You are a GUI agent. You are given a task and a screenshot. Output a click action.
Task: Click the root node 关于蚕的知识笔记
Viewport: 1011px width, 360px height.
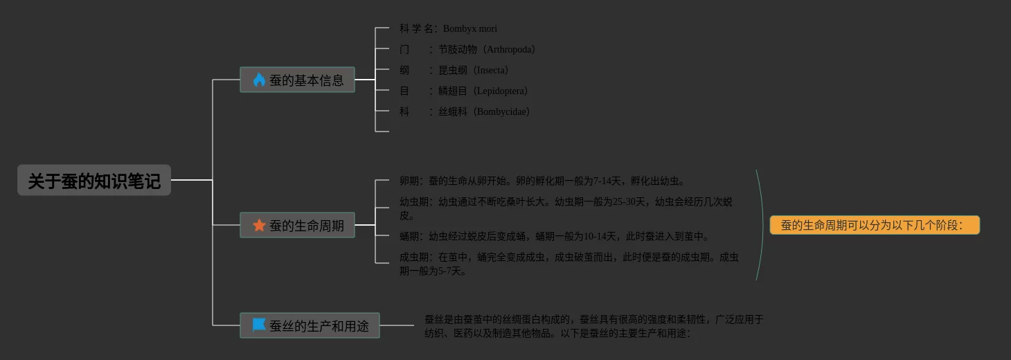[x=94, y=181]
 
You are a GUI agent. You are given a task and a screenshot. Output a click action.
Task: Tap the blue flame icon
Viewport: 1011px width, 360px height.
[x=259, y=80]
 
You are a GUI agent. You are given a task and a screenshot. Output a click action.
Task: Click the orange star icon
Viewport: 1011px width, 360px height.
[x=259, y=225]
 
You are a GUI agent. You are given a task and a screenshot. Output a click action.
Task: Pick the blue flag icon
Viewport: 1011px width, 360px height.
[x=259, y=325]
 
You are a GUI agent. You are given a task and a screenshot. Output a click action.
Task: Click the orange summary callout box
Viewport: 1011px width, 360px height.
[x=874, y=225]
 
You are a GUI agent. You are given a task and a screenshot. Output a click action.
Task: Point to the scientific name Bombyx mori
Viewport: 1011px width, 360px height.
[x=469, y=29]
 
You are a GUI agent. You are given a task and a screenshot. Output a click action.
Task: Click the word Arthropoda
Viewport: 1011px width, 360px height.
[x=510, y=50]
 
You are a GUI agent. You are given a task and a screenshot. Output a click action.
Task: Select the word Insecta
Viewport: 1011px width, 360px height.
[x=491, y=71]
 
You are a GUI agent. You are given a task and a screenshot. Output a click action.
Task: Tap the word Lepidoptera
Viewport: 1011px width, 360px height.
[x=501, y=91]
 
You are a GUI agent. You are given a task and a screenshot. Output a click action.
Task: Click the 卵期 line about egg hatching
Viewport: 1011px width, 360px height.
[x=542, y=181]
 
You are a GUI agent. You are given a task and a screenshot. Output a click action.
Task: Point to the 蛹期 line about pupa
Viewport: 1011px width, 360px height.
[x=554, y=237]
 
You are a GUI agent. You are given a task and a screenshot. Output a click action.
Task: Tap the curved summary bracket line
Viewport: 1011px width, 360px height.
[x=762, y=225]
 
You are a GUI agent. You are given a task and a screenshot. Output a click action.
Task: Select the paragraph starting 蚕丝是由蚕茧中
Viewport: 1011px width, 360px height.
[x=593, y=326]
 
